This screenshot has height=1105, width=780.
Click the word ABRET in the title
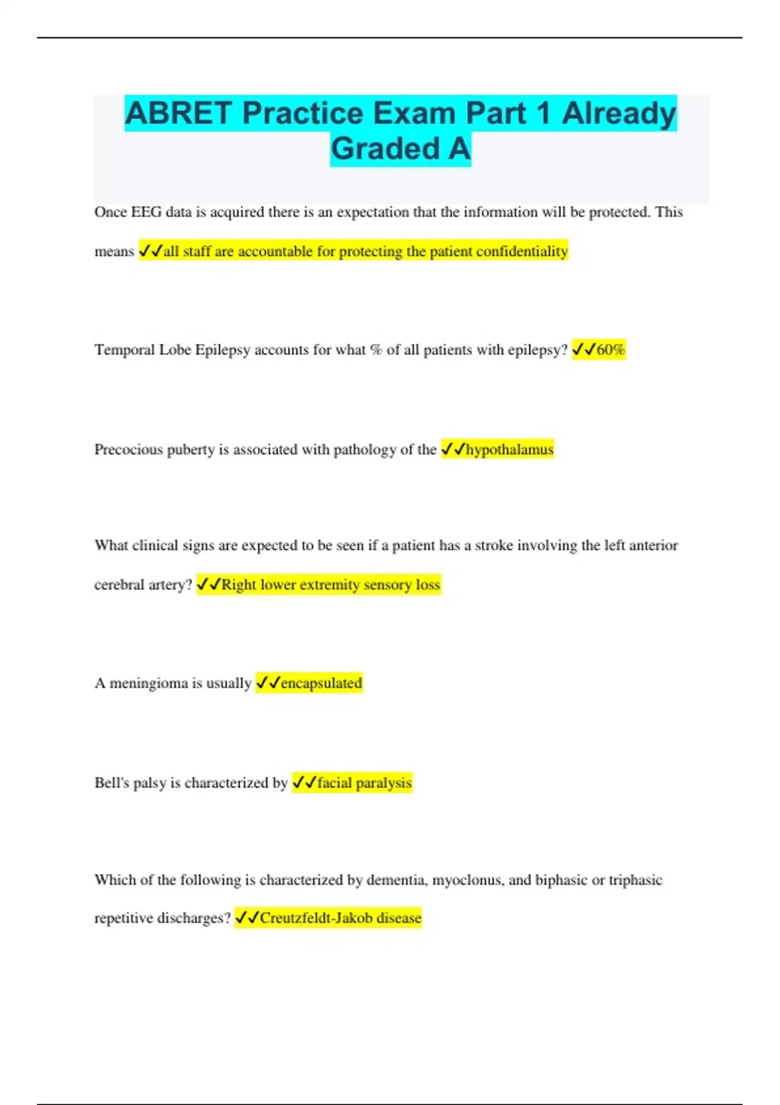pos(177,113)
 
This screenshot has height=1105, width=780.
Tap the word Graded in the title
pos(385,149)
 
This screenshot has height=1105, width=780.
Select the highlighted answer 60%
pos(610,350)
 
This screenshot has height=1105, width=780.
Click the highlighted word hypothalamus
pos(510,449)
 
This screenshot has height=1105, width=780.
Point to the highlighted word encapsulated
pos(321,683)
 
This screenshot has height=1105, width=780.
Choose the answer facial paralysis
pos(364,783)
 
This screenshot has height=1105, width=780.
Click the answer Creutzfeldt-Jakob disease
pos(341,918)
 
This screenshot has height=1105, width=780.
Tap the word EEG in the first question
pos(146,212)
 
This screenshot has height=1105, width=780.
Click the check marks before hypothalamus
pos(453,449)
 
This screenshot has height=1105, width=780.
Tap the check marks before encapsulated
pos(268,683)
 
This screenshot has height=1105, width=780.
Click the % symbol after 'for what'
pos(376,350)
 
